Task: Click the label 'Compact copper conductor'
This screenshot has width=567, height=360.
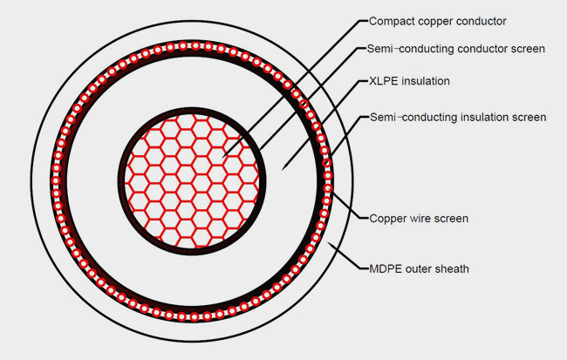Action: [x=437, y=22]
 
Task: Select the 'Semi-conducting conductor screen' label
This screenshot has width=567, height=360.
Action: [x=455, y=49]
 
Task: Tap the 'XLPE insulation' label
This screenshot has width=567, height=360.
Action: [x=409, y=81]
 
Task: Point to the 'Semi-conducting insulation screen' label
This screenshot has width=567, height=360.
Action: [x=458, y=118]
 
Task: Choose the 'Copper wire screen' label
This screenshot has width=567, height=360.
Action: [x=419, y=219]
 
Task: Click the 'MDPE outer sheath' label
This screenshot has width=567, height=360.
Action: [x=419, y=269]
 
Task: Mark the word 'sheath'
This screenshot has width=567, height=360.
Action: [x=453, y=269]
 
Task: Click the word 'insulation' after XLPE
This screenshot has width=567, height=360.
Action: [x=426, y=81]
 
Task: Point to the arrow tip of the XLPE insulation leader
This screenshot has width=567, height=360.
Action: [x=282, y=170]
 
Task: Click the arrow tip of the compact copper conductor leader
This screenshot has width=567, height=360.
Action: [x=223, y=156]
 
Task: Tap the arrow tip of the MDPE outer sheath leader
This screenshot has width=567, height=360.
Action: [x=328, y=243]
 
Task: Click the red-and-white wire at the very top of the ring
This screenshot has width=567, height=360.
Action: [x=195, y=46]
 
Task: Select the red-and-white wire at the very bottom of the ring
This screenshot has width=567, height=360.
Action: [x=195, y=317]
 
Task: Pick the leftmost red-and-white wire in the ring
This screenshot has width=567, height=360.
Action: [x=56, y=180]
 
